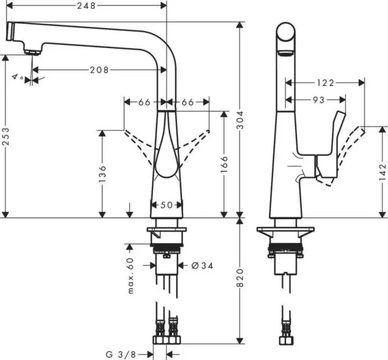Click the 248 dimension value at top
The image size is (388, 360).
pos(85,6)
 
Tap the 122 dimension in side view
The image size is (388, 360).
pos(325,83)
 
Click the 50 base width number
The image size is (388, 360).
pos(167,205)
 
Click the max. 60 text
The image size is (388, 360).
pos(131,276)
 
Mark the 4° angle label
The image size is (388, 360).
pos(18,78)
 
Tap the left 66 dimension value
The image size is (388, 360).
pos(144,102)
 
